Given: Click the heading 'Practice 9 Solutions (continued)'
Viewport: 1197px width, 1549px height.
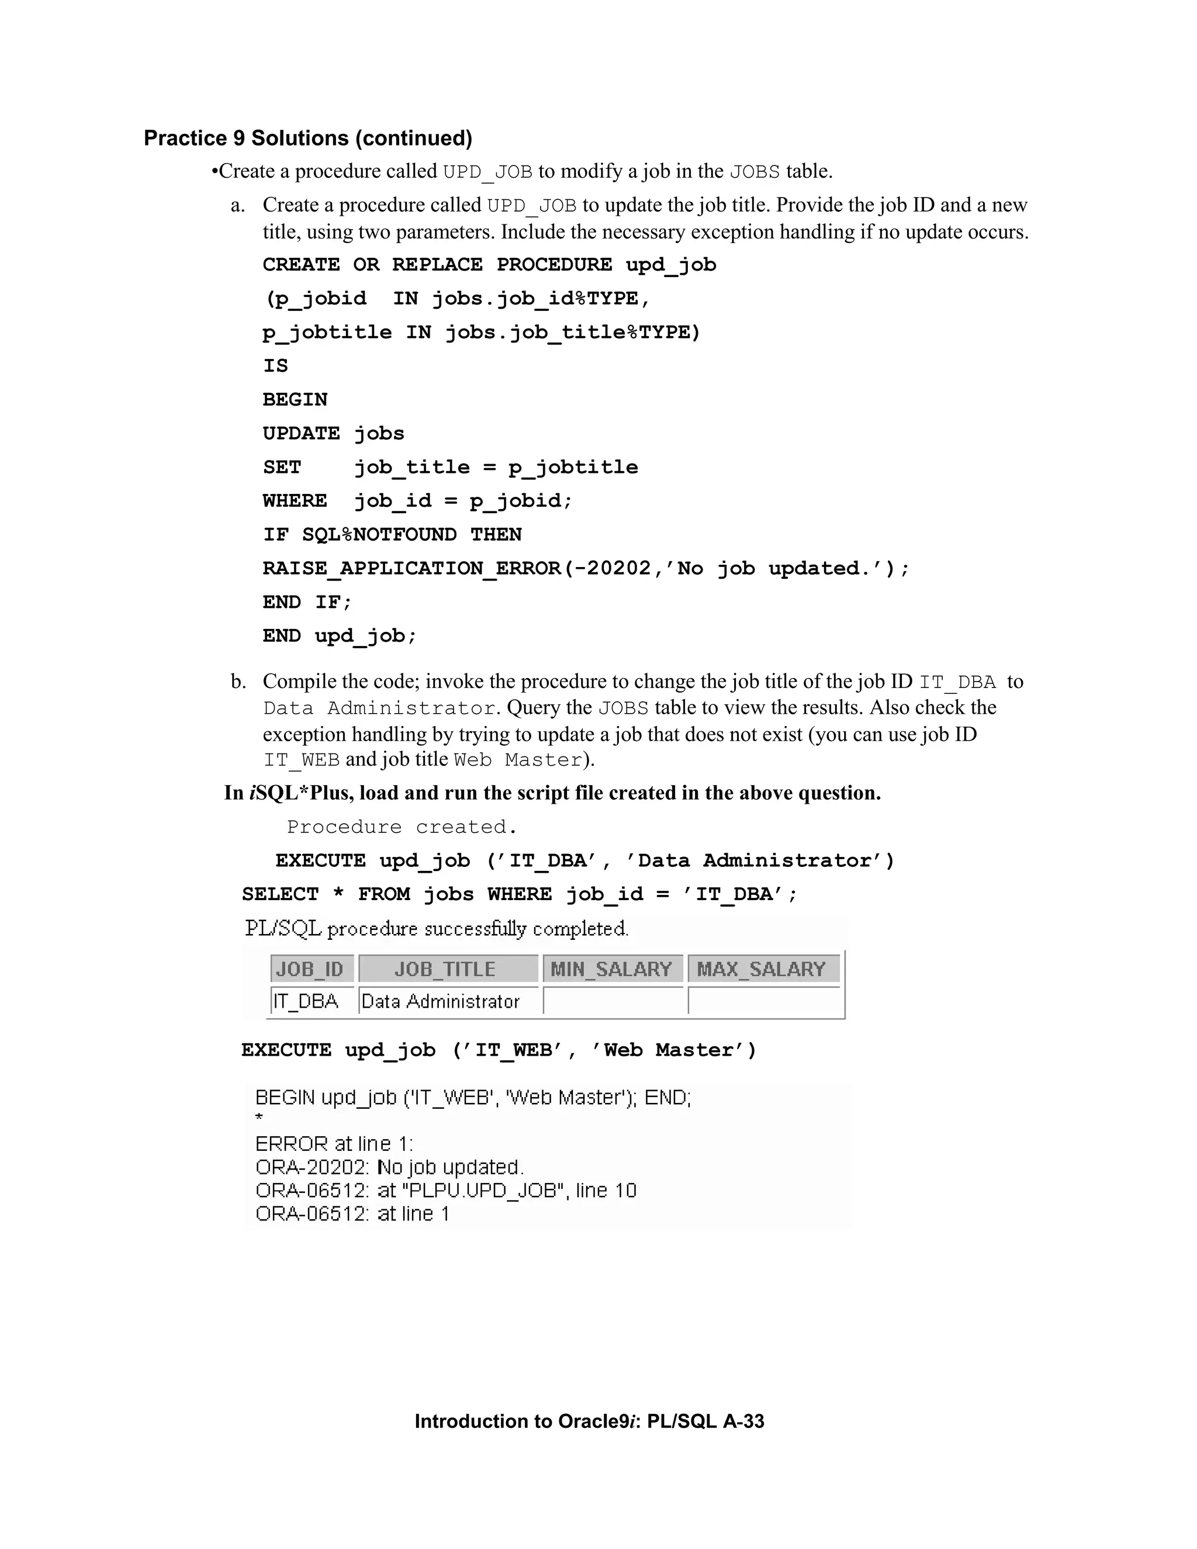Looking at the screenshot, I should pos(308,139).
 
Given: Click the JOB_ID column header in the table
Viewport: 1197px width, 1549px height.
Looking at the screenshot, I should pos(310,969).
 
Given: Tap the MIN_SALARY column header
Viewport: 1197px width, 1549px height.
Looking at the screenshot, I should pos(611,969).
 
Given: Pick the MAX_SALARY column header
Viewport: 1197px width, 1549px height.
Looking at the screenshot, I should pos(762,969).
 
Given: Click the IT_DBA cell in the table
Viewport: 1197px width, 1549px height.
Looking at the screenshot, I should pos(306,1001).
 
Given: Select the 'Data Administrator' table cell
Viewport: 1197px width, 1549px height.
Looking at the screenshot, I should pos(440,1001).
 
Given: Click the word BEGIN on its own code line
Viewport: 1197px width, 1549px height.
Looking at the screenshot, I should pos(295,400).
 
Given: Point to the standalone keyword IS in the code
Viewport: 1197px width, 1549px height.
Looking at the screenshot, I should pos(275,366).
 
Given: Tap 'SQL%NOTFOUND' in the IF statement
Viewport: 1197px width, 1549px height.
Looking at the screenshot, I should pos(379,535).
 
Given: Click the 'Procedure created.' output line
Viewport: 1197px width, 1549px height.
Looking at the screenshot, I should pos(402,827).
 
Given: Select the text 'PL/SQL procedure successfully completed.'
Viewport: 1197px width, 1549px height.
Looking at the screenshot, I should pos(436,928).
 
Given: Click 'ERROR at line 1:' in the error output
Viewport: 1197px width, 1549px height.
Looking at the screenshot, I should pos(334,1144).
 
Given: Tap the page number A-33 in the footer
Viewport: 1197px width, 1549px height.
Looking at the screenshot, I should pos(743,1422).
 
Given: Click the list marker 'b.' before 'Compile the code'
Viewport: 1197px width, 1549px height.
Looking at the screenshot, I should pos(238,682).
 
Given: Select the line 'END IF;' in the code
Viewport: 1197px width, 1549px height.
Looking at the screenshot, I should pos(307,602).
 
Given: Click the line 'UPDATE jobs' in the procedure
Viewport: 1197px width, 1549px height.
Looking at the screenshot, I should pos(333,433).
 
